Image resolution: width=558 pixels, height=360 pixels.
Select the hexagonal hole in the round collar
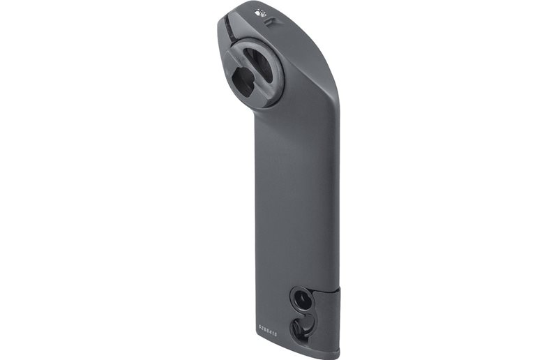pyautogui.click(x=243, y=82)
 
